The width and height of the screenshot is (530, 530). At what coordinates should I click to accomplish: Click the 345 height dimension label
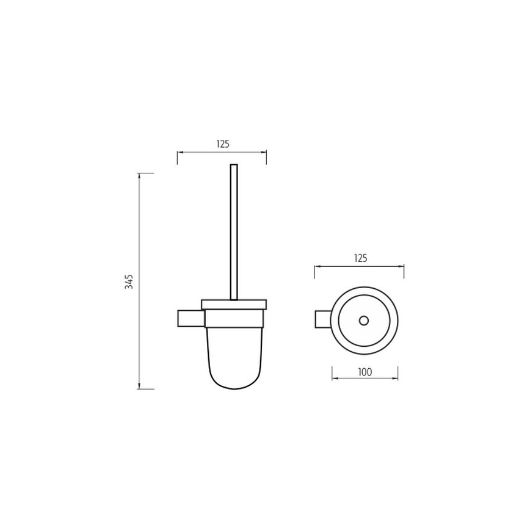pyautogui.click(x=129, y=281)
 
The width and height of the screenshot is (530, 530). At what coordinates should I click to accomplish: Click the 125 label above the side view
pyautogui.click(x=223, y=144)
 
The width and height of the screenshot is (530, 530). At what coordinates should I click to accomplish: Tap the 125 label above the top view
pyautogui.click(x=360, y=258)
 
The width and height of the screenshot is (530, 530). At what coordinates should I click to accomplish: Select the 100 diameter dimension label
pyautogui.click(x=365, y=372)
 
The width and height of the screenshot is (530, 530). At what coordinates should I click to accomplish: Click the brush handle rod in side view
pyautogui.click(x=234, y=232)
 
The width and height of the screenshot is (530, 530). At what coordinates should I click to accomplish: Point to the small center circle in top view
pyautogui.click(x=364, y=321)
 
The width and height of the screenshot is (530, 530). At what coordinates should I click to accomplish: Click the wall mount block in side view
pyautogui.click(x=191, y=318)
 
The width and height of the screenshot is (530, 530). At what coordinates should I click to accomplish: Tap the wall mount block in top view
pyautogui.click(x=323, y=319)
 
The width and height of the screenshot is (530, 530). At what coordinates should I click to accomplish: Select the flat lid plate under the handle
pyautogui.click(x=234, y=305)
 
